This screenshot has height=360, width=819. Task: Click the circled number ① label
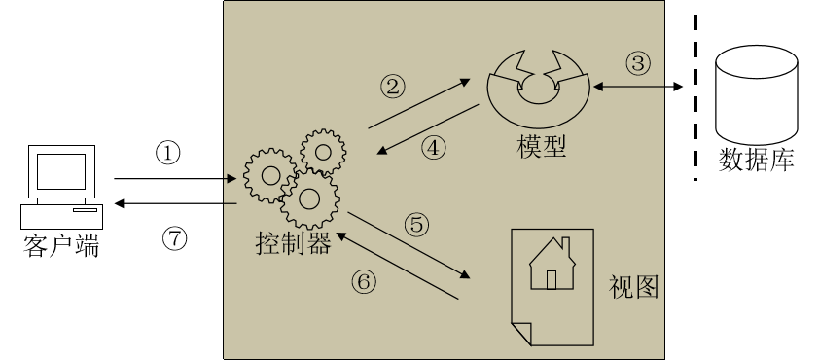168,154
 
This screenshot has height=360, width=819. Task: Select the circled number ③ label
638,63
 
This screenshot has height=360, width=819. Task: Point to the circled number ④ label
434,148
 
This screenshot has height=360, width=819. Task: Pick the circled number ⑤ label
417,225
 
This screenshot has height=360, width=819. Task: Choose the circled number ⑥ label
364,283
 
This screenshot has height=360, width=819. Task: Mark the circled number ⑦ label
174,238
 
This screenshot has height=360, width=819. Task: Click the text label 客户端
61,246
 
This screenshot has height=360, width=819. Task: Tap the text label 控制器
294,243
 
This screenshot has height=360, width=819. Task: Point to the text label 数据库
757,160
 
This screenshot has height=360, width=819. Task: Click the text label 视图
633,286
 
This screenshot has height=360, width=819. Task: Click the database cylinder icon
757,95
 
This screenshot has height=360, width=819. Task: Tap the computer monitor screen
61,171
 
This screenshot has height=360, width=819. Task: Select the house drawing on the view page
552,264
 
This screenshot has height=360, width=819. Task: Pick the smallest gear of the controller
323,152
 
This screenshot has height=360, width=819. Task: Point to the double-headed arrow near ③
638,87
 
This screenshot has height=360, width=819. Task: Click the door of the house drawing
552,280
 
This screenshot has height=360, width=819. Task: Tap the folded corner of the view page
521,332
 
